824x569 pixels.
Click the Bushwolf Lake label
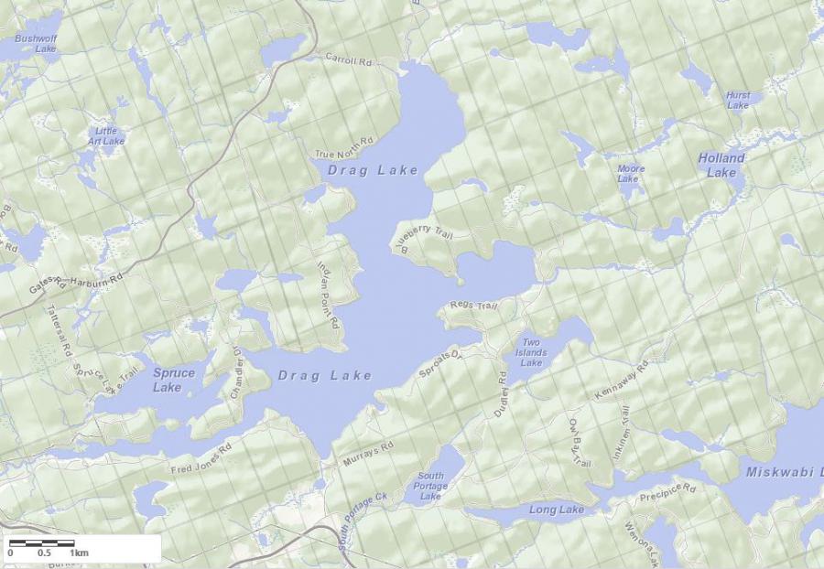tap(35, 43)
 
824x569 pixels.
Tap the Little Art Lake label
tap(106, 136)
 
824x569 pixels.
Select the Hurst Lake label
tap(737, 100)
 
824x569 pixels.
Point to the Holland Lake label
tap(721, 165)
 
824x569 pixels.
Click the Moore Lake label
tap(630, 174)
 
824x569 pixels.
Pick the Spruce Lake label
tap(173, 380)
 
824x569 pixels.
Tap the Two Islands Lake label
tap(531, 352)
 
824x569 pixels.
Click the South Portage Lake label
tap(430, 486)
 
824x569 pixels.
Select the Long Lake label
tap(556, 510)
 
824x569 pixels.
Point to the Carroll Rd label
tap(351, 60)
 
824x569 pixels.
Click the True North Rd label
tap(344, 149)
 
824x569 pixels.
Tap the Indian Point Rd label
tap(327, 294)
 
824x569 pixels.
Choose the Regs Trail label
tap(472, 306)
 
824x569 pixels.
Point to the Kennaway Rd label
tap(621, 379)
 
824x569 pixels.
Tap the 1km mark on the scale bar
tap(79, 553)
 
